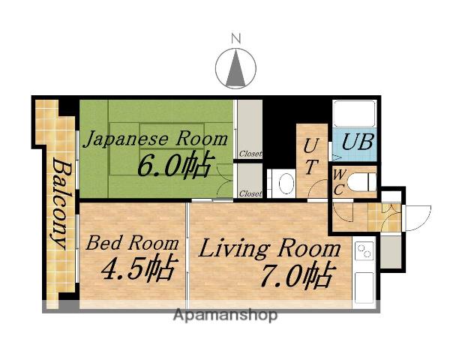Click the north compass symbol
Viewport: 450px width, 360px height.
(235, 68)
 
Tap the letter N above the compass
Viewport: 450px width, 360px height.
(235, 37)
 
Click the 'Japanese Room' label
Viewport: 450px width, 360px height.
(155, 139)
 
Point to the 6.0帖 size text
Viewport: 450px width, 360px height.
(173, 164)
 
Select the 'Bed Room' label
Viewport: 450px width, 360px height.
(132, 243)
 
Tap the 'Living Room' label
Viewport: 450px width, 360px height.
(268, 248)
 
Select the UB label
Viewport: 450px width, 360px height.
(352, 142)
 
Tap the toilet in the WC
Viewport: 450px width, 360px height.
(363, 181)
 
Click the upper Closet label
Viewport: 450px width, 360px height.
(250, 154)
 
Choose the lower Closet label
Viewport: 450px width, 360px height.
(250, 193)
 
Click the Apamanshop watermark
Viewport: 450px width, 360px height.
(225, 315)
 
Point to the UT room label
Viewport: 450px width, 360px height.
(311, 156)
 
